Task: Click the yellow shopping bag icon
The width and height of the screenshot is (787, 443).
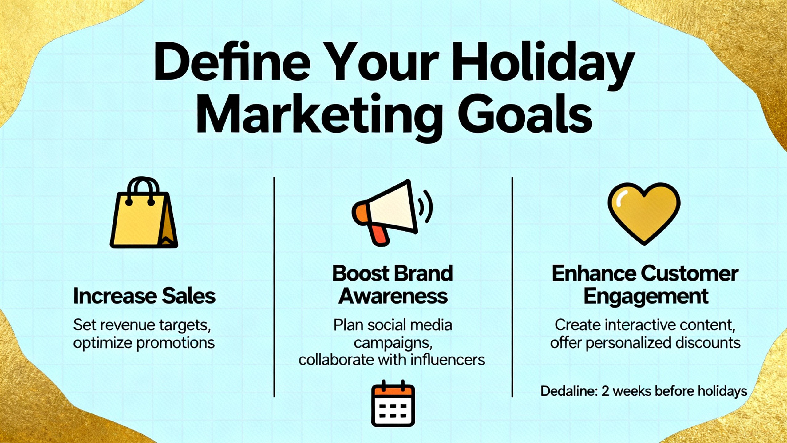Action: [144, 212]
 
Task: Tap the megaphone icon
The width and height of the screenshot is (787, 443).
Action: [392, 212]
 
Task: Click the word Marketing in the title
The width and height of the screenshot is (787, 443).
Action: [320, 114]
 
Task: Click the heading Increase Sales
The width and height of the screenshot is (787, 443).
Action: [144, 296]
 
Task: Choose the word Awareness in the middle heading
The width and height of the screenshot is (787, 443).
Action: [393, 296]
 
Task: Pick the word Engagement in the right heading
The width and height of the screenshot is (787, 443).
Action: [646, 297]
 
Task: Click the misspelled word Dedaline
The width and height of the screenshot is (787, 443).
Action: [569, 391]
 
